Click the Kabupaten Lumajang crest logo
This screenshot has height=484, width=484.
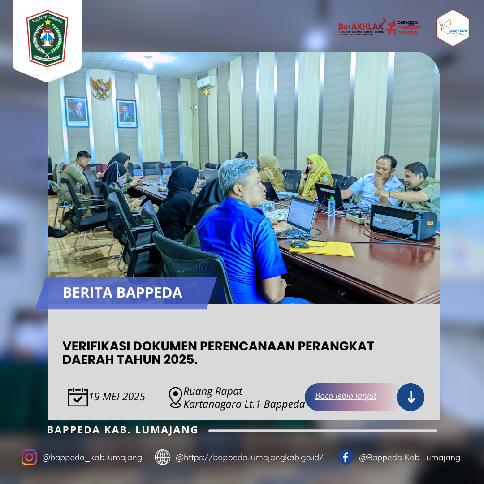[47, 39]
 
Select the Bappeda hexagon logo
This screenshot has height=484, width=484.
[453, 28]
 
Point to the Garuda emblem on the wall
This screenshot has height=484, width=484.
[100, 87]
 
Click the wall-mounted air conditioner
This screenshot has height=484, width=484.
[206, 82]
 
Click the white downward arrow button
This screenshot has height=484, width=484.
[411, 397]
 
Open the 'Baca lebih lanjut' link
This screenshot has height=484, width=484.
[346, 396]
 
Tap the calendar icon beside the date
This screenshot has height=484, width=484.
[78, 397]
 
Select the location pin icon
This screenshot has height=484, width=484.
[175, 397]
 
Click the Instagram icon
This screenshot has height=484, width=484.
[29, 457]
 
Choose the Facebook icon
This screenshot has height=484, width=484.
[346, 457]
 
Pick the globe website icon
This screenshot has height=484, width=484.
[163, 457]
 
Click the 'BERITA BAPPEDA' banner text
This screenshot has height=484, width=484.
[122, 293]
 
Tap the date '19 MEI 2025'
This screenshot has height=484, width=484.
[117, 397]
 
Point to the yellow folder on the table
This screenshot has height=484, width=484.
[323, 249]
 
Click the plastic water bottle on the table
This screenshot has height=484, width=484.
[332, 207]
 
